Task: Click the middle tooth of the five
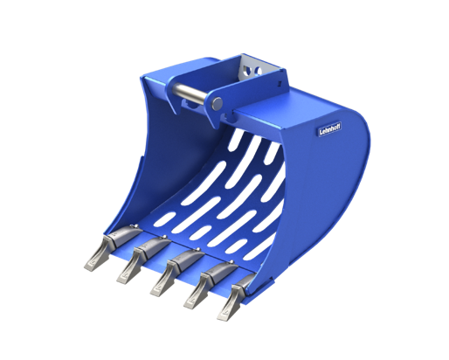[166, 273]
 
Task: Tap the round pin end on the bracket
[216, 105]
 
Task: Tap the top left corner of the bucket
[142, 79]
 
